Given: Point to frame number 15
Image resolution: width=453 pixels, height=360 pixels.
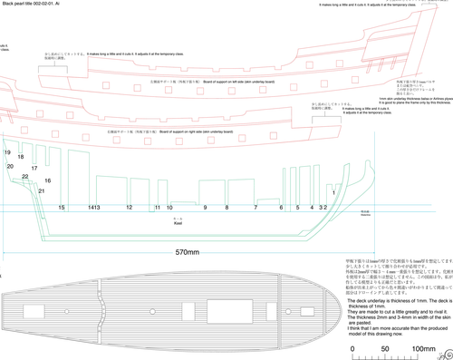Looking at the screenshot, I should [62, 208].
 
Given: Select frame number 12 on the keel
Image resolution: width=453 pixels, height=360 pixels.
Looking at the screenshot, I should [130, 208].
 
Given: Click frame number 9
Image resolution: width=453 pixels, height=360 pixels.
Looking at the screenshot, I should [204, 208].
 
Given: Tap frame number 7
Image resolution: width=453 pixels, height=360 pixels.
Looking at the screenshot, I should [255, 208].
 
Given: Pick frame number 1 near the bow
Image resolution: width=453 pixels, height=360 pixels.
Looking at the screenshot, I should [333, 193].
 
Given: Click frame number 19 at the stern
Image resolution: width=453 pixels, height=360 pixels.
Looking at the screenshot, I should [7, 154].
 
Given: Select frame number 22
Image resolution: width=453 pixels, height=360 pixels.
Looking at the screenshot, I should [25, 176].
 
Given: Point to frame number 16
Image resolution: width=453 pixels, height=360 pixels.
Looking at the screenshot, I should [47, 181].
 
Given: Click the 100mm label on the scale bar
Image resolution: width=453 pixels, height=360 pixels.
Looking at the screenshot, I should [424, 348].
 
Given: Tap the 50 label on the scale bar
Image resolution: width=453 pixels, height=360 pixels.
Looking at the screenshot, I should [385, 348].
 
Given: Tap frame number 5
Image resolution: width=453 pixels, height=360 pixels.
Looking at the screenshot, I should [286, 208].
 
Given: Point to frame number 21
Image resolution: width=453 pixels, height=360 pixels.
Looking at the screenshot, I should [42, 191].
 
